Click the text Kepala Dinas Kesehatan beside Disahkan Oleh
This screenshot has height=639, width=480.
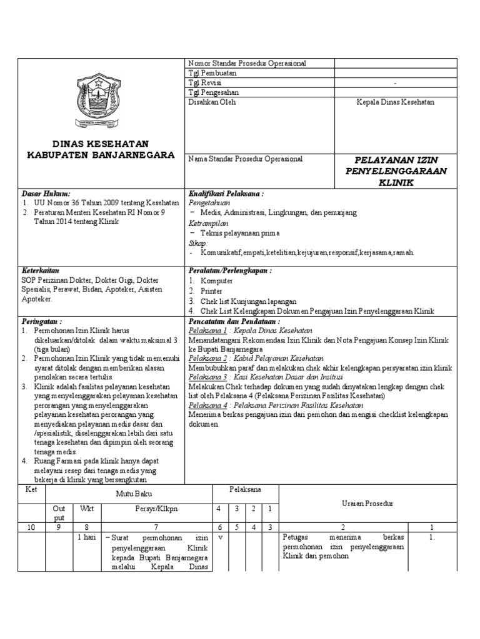tap(394, 102)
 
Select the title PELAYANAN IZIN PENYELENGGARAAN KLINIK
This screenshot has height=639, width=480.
tap(396, 171)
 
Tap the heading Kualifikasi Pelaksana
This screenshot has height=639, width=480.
tap(226, 194)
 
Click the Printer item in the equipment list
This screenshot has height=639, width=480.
tap(211, 290)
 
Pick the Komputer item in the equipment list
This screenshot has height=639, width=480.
tap(216, 281)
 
